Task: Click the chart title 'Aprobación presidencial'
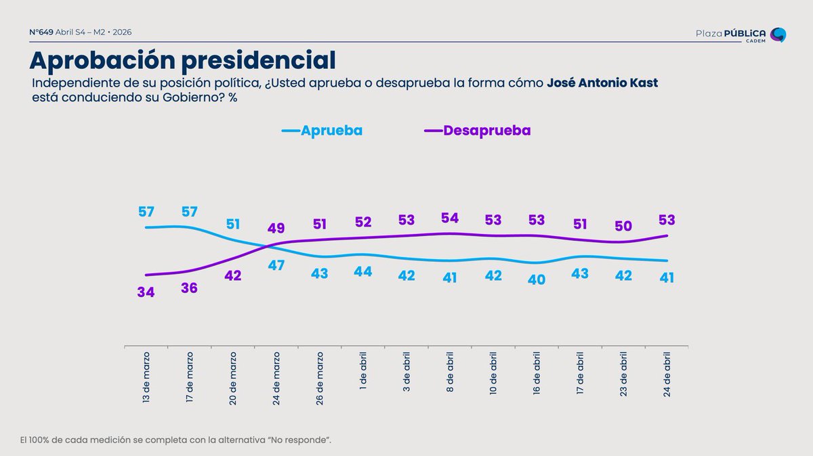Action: pos(182,60)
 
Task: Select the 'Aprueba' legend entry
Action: pos(322,131)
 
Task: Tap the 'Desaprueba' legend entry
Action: pos(478,131)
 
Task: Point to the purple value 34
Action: pos(146,293)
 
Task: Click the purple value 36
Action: pos(190,288)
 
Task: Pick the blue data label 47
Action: pos(276,265)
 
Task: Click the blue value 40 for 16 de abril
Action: pos(537,279)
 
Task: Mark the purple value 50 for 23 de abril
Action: pos(623,227)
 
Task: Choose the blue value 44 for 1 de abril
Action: pos(363,271)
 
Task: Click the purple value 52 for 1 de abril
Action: pos(363,223)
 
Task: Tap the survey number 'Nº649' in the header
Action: pos(41,32)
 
